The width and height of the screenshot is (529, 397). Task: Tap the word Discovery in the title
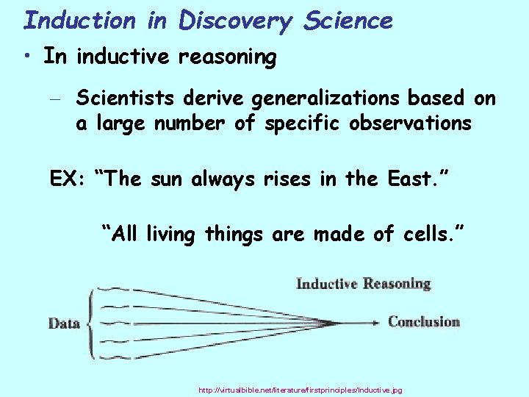point(236,21)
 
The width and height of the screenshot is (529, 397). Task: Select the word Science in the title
point(348,20)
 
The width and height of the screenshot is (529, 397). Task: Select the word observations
point(401,123)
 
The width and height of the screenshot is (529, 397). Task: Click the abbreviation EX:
point(68,179)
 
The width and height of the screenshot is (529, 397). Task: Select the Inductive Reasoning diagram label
point(363,284)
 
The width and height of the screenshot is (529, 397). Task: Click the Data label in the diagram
point(64,323)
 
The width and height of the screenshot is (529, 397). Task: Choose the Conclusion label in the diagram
point(423,321)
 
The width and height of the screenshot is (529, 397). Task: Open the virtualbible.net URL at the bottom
point(301,390)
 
